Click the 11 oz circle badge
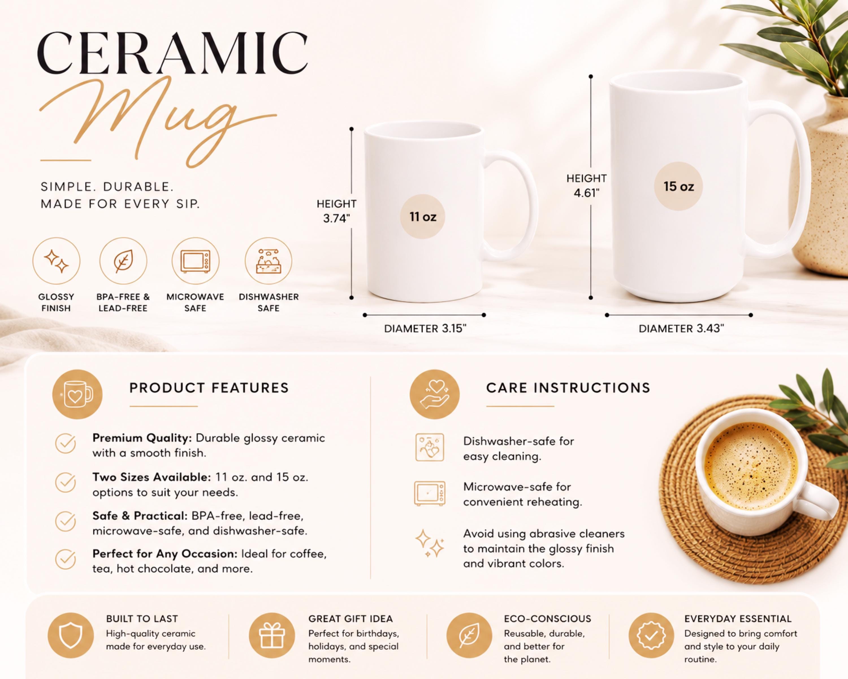click(422, 216)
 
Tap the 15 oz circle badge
click(678, 186)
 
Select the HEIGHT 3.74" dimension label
click(336, 211)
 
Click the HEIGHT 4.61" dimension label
click(587, 185)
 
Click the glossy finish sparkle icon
click(56, 261)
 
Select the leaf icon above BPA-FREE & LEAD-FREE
click(123, 261)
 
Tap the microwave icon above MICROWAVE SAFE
click(196, 261)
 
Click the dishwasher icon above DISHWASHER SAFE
click(269, 261)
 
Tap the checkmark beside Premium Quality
click(65, 443)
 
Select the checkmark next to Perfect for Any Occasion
click(65, 559)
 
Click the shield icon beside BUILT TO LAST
click(70, 635)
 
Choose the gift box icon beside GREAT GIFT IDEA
click(272, 635)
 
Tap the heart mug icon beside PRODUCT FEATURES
click(77, 394)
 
